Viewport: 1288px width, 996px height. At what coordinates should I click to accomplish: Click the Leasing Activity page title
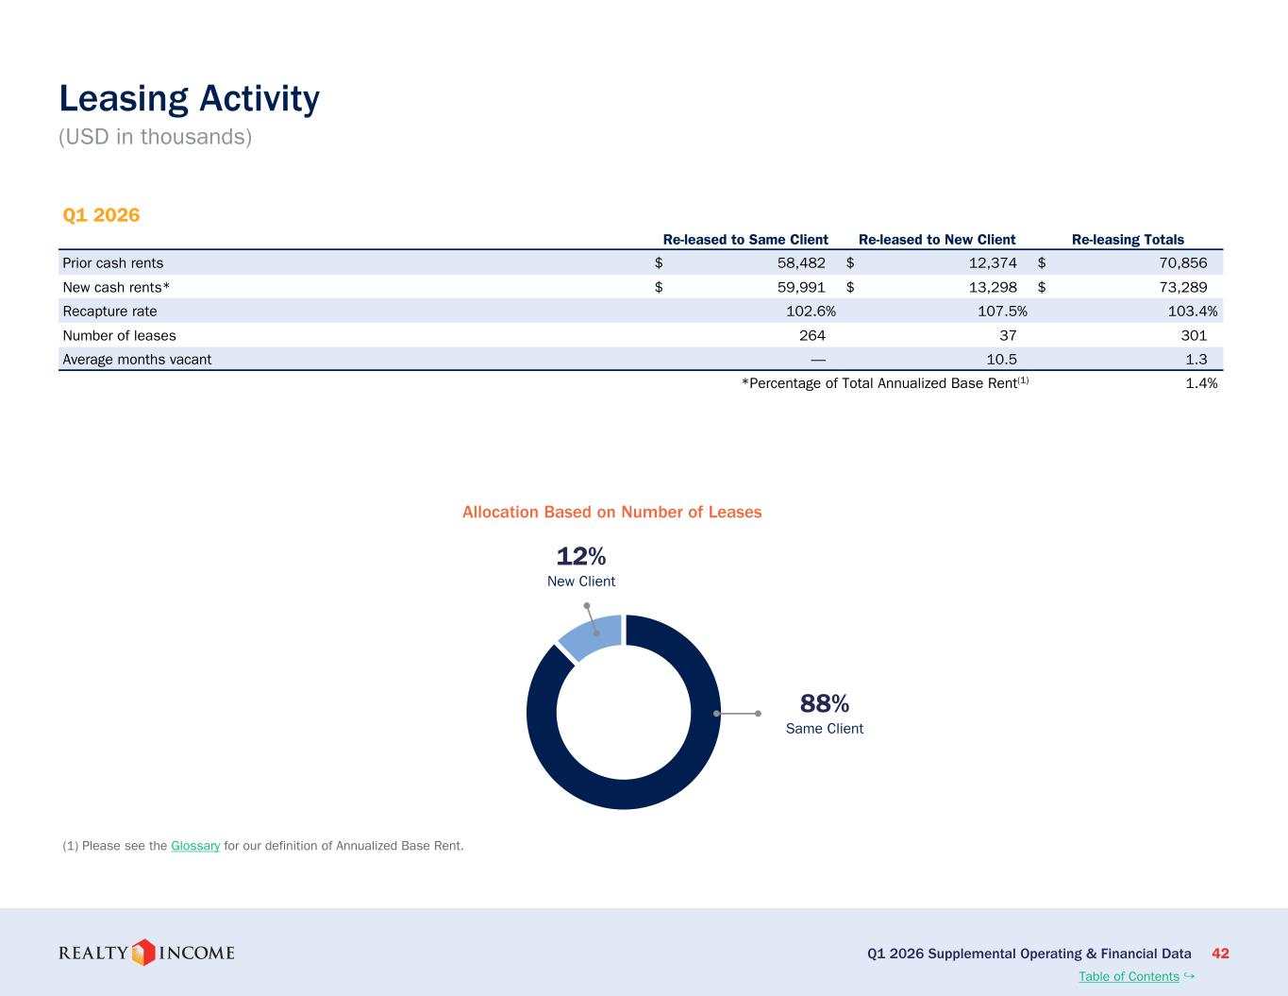coord(189,98)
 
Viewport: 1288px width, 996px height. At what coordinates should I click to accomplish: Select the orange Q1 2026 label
coord(101,214)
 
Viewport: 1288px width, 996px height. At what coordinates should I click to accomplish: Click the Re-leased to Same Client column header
coord(745,240)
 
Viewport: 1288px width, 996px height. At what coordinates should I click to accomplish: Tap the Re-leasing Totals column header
coord(1128,240)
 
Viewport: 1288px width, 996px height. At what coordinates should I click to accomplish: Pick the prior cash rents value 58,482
coord(801,262)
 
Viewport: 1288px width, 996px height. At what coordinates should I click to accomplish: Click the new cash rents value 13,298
coord(993,287)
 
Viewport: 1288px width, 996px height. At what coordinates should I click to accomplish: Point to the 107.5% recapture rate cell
coord(1002,312)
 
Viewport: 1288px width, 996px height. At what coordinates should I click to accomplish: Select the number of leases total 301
coord(1194,335)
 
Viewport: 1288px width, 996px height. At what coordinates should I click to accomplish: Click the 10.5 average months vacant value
coord(1001,360)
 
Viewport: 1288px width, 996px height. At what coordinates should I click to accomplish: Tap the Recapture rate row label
coord(109,312)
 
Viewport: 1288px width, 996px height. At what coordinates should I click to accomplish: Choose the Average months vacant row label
coord(137,360)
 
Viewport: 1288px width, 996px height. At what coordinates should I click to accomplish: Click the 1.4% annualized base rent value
coord(1201,383)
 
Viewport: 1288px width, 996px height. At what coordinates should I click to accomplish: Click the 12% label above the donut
coord(581,556)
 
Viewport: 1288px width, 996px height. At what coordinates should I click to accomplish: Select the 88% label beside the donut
coord(825,703)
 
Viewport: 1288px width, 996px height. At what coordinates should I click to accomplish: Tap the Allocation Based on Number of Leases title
coord(611,512)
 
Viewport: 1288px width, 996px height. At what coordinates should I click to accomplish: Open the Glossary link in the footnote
coord(195,845)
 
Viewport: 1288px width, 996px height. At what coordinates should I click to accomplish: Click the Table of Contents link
coord(1129,976)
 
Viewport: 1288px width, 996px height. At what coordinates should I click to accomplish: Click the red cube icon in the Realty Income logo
coord(142,953)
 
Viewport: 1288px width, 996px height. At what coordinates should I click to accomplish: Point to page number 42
coord(1220,954)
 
